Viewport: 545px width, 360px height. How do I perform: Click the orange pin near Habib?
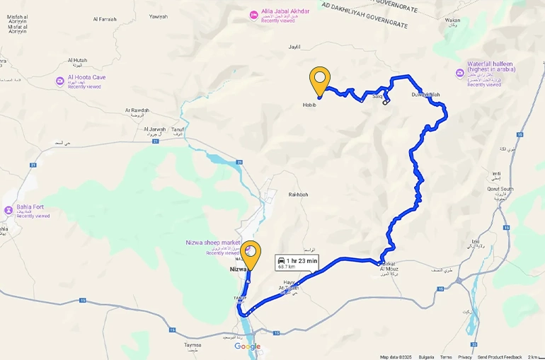pyautogui.click(x=320, y=80)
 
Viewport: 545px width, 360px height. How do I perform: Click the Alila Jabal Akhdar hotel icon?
pyautogui.click(x=253, y=14)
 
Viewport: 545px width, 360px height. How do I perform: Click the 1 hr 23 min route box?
pyautogui.click(x=297, y=263)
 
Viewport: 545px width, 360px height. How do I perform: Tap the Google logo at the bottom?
pyautogui.click(x=247, y=347)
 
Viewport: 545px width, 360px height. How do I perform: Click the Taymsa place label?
pyautogui.click(x=193, y=345)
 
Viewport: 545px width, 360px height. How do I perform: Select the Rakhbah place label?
pyautogui.click(x=298, y=194)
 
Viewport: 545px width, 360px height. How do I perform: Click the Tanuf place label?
pyautogui.click(x=177, y=129)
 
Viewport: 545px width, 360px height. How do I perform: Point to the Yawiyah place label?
pyautogui.click(x=159, y=16)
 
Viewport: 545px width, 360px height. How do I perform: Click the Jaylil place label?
pyautogui.click(x=294, y=47)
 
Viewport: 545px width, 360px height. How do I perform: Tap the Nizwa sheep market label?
pyautogui.click(x=212, y=242)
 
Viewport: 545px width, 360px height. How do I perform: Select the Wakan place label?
pyautogui.click(x=452, y=21)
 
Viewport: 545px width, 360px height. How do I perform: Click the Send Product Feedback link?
pyautogui.click(x=500, y=357)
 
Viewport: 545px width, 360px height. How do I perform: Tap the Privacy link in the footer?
pyautogui.click(x=464, y=357)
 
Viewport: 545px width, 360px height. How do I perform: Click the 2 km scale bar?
pyautogui.click(x=534, y=357)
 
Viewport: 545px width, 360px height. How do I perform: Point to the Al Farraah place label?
pyautogui.click(x=103, y=19)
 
